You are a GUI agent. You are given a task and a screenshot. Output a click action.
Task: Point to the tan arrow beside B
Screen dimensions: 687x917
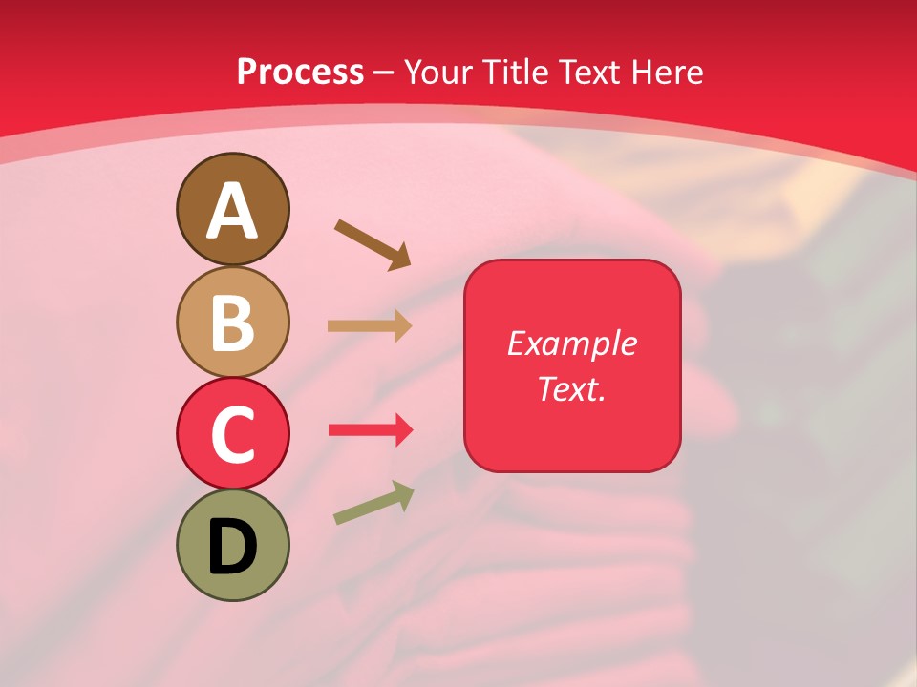[x=369, y=326]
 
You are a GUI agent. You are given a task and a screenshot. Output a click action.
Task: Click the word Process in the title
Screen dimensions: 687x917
[x=300, y=73]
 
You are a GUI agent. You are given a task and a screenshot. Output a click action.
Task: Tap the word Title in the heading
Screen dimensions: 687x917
[x=519, y=73]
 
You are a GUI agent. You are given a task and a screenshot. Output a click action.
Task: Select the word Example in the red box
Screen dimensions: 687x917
[x=571, y=343]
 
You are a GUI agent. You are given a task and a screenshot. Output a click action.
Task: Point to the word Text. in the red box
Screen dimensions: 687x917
[x=571, y=388]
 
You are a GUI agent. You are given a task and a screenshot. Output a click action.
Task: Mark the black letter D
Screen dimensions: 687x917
[x=232, y=547]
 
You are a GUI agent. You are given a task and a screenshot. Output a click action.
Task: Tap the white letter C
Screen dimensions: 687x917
[x=232, y=434]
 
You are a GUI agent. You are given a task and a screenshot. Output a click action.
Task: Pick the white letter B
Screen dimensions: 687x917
[x=232, y=323]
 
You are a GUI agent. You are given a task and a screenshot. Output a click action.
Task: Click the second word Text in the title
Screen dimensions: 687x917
[x=589, y=73]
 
